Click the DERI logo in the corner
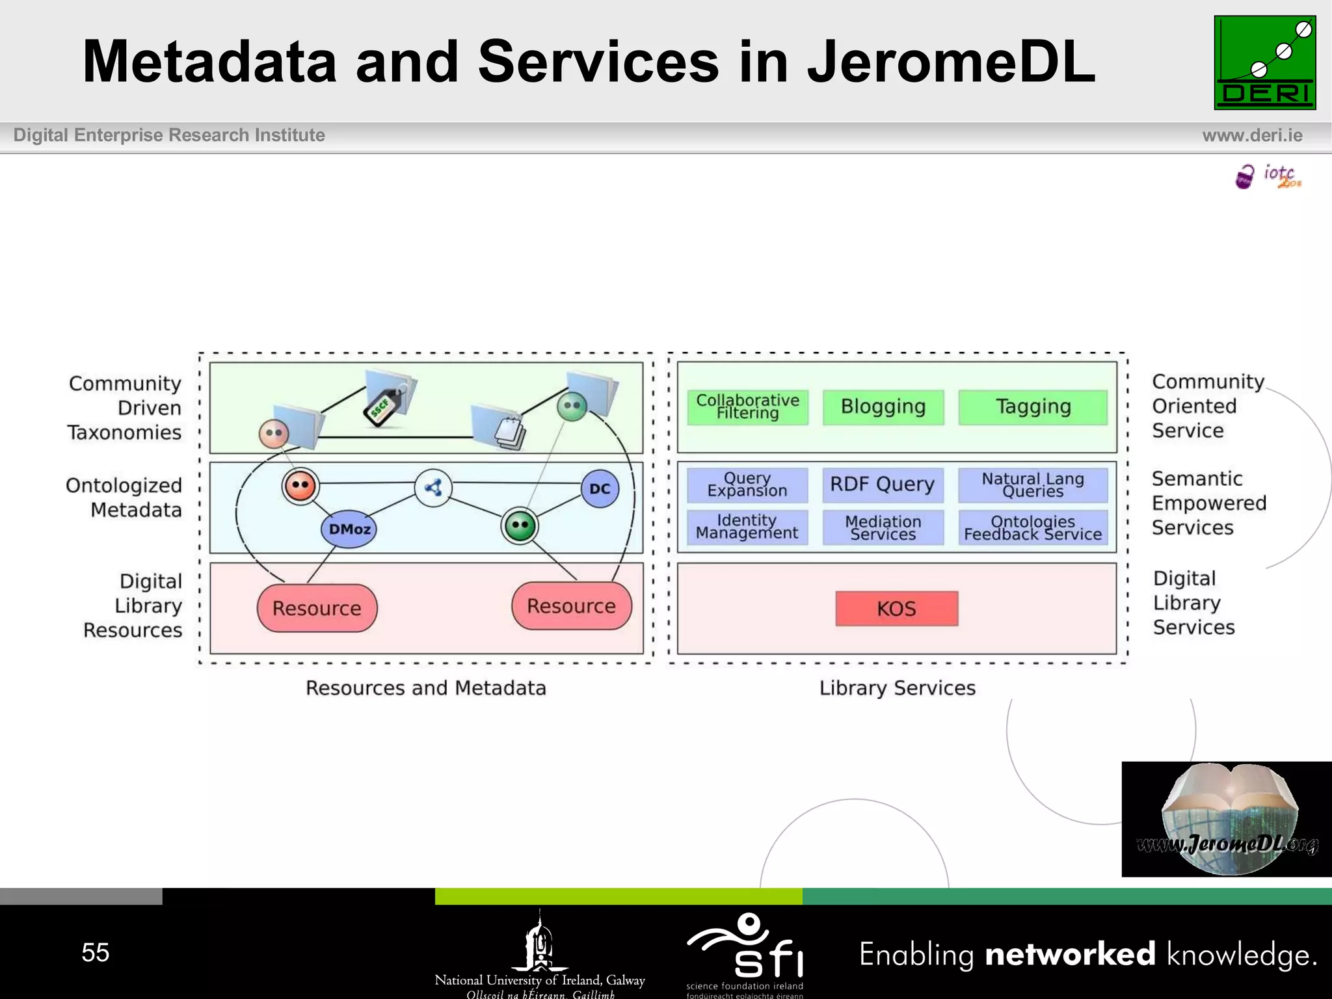[x=1264, y=62]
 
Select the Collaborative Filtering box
[x=747, y=407]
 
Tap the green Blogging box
[x=883, y=407]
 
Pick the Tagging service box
[x=1033, y=407]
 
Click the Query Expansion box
[x=747, y=485]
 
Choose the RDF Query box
[x=883, y=485]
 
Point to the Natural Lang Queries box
[x=1033, y=485]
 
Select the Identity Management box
[x=747, y=527]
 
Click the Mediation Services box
[x=883, y=527]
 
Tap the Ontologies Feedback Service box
[x=1033, y=527]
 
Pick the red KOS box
[x=896, y=609]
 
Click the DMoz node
[x=349, y=529]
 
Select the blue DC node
[x=600, y=488]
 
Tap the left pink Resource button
[x=317, y=608]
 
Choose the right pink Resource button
[x=571, y=606]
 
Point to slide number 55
[x=95, y=952]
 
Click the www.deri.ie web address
[x=1252, y=135]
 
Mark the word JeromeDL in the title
[x=951, y=62]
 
